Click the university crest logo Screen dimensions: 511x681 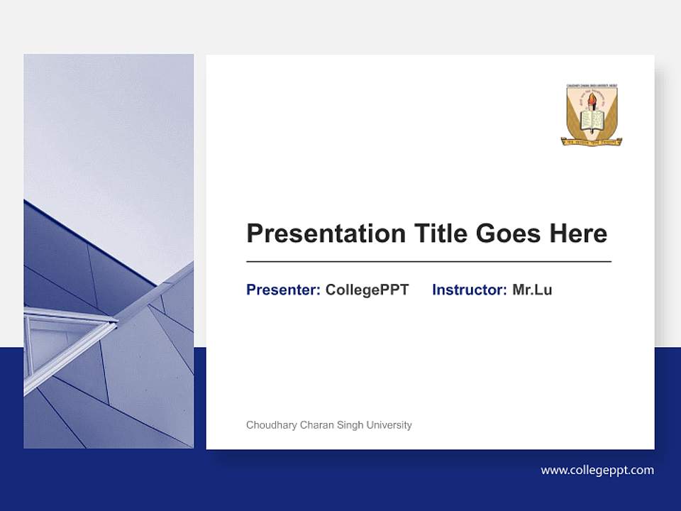coord(592,115)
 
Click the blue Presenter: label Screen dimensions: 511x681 coord(283,290)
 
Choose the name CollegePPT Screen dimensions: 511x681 coord(367,290)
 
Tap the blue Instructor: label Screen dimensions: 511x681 coord(469,290)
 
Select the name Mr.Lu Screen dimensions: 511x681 coord(532,290)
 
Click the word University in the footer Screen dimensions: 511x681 coord(389,425)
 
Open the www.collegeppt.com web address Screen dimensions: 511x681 coord(597,470)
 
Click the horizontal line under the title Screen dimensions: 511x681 coord(428,262)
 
